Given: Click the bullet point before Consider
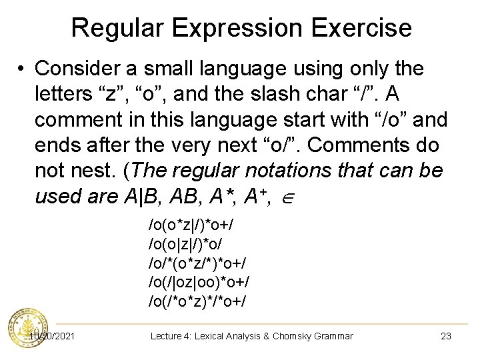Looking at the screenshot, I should click(x=22, y=69).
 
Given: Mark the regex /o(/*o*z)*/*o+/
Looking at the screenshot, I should click(x=197, y=301).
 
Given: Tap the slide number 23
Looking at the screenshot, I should click(x=446, y=336).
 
